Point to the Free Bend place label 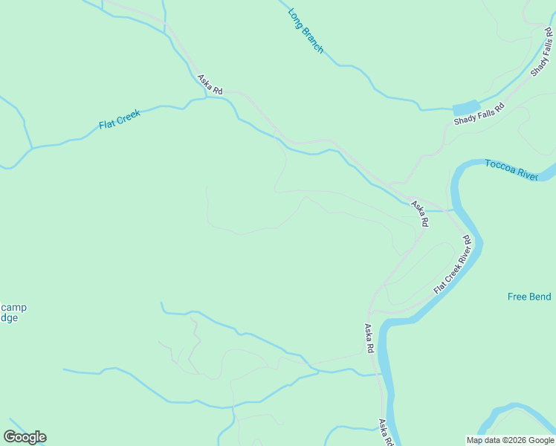click(x=529, y=297)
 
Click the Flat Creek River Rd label click(x=453, y=264)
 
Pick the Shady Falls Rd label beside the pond click(x=479, y=114)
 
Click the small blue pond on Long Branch click(x=466, y=108)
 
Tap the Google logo click(x=25, y=437)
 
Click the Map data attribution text click(x=511, y=439)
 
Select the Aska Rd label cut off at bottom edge click(x=384, y=433)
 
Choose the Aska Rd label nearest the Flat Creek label click(x=210, y=84)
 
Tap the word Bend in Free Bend click(x=540, y=297)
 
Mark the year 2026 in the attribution click(x=519, y=439)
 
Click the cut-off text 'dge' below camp click(x=8, y=317)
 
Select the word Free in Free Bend click(x=517, y=297)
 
